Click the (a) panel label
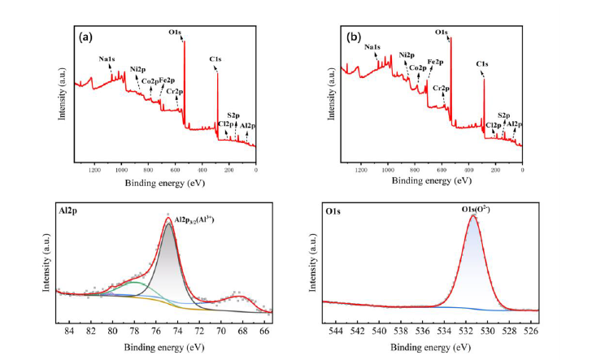[84, 37]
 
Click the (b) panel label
[354, 37]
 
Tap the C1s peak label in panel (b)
[482, 63]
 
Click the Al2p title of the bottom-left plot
[69, 210]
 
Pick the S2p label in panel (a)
[233, 116]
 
